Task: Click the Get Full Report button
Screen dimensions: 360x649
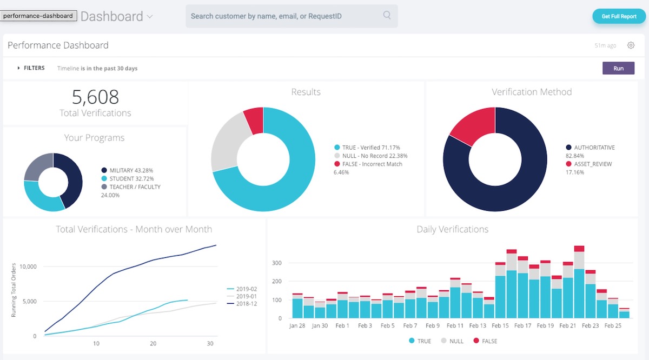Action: coord(619,16)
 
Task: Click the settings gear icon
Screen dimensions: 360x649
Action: coord(631,45)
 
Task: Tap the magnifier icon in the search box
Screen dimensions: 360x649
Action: coord(387,15)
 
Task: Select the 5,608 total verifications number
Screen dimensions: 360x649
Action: coord(95,97)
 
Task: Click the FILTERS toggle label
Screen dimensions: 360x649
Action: coord(34,68)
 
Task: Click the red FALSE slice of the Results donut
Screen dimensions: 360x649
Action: coord(254,119)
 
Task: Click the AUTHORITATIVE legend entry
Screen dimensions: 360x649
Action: coord(594,148)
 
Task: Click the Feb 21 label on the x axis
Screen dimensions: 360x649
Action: coord(568,326)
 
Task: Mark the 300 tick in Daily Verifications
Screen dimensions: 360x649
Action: coord(277,263)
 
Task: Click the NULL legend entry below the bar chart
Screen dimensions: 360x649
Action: coord(456,341)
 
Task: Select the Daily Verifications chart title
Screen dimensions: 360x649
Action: coord(452,229)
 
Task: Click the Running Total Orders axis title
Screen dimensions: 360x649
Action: coord(14,289)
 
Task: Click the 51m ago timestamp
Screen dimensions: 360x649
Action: coord(605,45)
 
